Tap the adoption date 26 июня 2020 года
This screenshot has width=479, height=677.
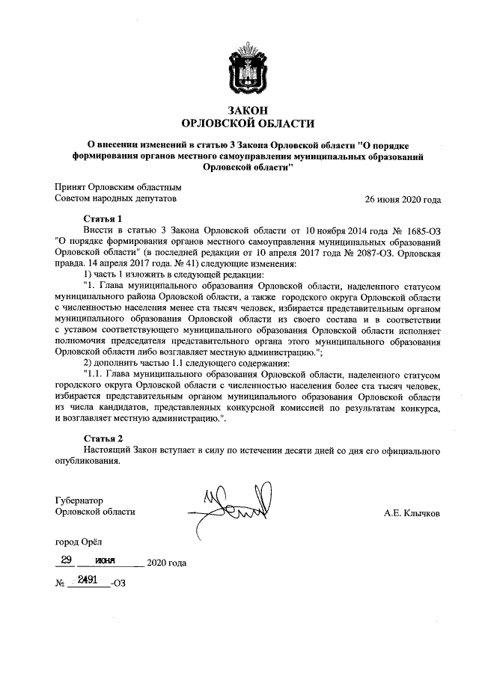(x=402, y=200)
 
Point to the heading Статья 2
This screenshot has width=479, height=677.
(x=103, y=438)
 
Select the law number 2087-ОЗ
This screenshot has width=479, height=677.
(x=356, y=252)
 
